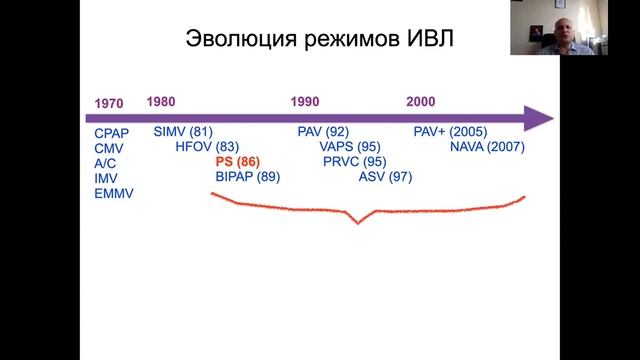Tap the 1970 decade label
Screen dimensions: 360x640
coord(108,104)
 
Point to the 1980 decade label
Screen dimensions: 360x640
coord(160,101)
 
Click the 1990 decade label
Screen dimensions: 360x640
coord(305,102)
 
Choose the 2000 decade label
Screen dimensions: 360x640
coord(421,102)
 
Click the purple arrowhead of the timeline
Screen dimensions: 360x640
coord(540,118)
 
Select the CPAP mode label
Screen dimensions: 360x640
coord(111,133)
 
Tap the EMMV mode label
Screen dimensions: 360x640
coord(113,193)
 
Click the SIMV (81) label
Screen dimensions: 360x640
coord(184,132)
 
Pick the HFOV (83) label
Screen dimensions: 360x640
coord(206,147)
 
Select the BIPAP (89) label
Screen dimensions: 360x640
coord(247,177)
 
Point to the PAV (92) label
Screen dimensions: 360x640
coord(323,132)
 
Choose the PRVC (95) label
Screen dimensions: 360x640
coord(355,162)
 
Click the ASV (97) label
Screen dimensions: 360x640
coord(385,177)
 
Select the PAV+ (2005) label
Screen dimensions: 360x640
coord(450,132)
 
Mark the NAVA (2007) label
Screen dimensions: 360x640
coord(487,147)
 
